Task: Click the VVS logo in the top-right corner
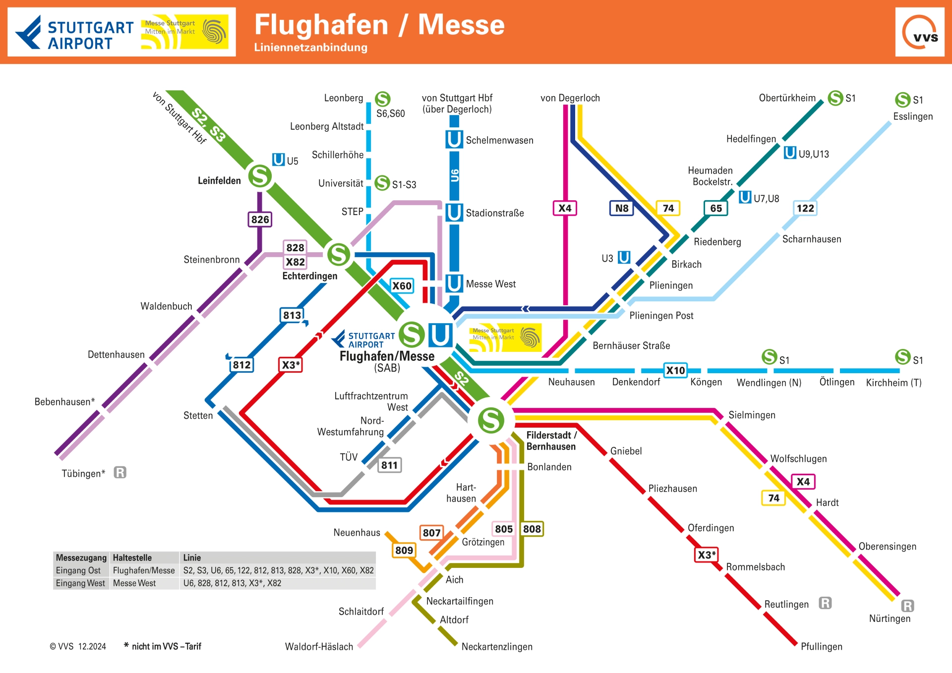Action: tap(920, 32)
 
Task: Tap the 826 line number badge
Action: tap(260, 220)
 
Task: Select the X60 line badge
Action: tap(402, 286)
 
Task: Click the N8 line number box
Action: tap(621, 208)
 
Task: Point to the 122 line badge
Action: tap(805, 208)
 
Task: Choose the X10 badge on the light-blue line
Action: tap(675, 370)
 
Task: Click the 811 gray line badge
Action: tap(389, 465)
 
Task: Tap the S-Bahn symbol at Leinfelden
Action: tap(260, 176)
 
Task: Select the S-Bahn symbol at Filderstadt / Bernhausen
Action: tap(491, 420)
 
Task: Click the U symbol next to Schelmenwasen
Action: tap(454, 139)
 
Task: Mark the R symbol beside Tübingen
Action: tap(120, 472)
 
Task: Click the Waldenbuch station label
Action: tap(166, 306)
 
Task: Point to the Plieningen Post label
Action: tap(661, 316)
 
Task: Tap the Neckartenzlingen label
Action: tap(497, 647)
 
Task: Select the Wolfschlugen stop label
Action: tap(798, 459)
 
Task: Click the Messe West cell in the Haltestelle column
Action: tap(134, 583)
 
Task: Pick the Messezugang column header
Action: tap(81, 558)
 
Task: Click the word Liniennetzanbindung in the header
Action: tap(310, 48)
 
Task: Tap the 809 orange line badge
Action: tap(404, 550)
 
